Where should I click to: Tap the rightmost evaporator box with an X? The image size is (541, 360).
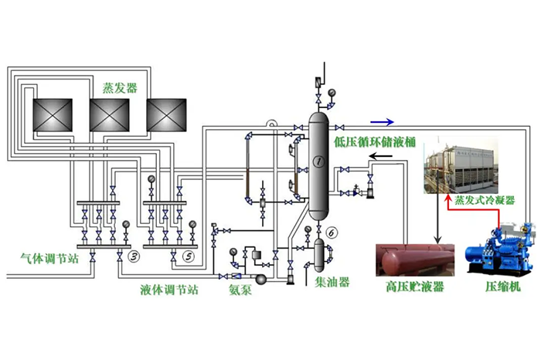[168, 115]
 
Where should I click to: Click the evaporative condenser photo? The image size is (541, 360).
[468, 165]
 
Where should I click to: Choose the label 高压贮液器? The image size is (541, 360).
[414, 287]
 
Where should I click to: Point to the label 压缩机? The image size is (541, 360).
[502, 287]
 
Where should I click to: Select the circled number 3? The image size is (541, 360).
[133, 256]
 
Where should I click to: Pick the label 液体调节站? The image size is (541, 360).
[169, 289]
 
